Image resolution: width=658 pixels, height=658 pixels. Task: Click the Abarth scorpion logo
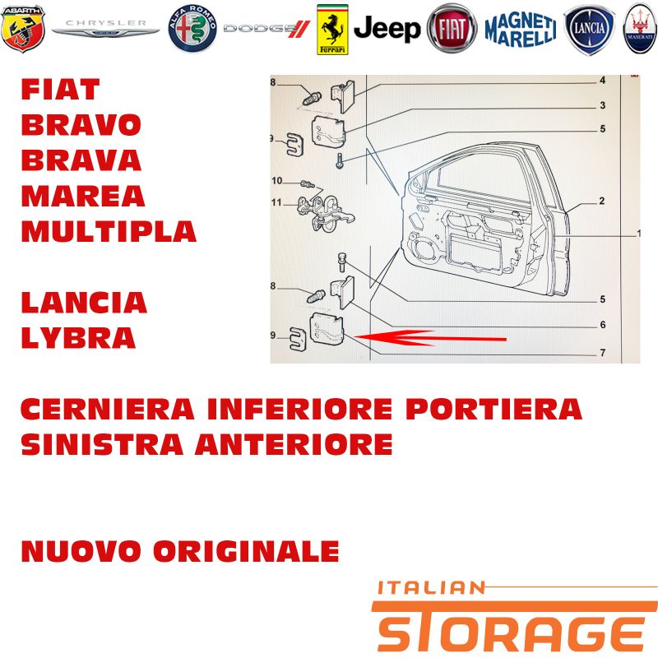tap(23, 29)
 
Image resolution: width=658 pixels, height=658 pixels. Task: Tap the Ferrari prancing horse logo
tap(332, 30)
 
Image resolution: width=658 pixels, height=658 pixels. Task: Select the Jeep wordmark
tap(387, 29)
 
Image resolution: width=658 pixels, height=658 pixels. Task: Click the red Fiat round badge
tap(452, 29)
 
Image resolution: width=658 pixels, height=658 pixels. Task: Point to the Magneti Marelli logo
tap(521, 30)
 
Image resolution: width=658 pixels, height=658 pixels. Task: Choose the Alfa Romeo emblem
tap(192, 29)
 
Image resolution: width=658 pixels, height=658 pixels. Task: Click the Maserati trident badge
tap(640, 30)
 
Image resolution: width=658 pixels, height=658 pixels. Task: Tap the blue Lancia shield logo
tap(589, 30)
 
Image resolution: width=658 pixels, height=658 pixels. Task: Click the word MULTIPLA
tap(109, 231)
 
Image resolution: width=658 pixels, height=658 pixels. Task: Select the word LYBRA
tap(78, 338)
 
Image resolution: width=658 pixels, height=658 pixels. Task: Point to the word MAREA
tap(83, 196)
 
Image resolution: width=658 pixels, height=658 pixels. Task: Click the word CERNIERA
tap(108, 409)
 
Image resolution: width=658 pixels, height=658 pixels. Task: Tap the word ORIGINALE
tap(246, 551)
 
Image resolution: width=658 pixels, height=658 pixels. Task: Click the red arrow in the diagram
tap(430, 338)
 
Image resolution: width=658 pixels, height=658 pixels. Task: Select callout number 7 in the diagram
tap(603, 353)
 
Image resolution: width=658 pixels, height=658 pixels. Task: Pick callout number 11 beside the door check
tap(276, 202)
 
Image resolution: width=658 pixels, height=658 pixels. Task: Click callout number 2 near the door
tap(602, 201)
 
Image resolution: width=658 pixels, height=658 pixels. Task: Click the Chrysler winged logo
tap(106, 29)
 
